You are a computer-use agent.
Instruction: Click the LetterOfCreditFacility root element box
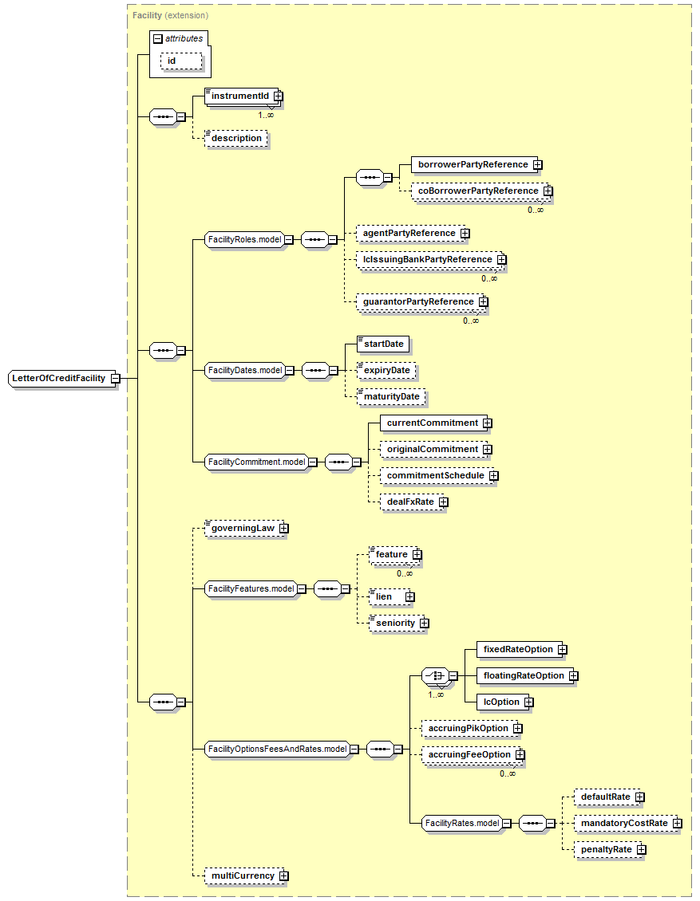pyautogui.click(x=58, y=378)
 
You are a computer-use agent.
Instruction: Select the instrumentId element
pyautogui.click(x=239, y=96)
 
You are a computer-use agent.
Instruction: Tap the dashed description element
pyautogui.click(x=236, y=138)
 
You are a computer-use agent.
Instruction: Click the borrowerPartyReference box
pyautogui.click(x=473, y=164)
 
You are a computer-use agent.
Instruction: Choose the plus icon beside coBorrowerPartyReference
pyautogui.click(x=548, y=191)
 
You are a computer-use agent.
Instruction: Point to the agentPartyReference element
pyautogui.click(x=409, y=233)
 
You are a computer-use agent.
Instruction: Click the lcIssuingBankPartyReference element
pyautogui.click(x=427, y=259)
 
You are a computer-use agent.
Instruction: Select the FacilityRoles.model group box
pyautogui.click(x=244, y=239)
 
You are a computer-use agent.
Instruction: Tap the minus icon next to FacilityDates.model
pyautogui.click(x=289, y=370)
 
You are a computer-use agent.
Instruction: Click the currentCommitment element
pyautogui.click(x=432, y=423)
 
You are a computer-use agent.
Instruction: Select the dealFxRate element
pyautogui.click(x=410, y=502)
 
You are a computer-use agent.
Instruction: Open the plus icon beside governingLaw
pyautogui.click(x=283, y=528)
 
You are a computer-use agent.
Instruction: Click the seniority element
pyautogui.click(x=395, y=623)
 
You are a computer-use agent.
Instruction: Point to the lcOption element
pyautogui.click(x=500, y=702)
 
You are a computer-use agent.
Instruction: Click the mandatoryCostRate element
pyautogui.click(x=623, y=823)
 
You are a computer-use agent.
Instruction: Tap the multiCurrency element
pyautogui.click(x=242, y=875)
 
